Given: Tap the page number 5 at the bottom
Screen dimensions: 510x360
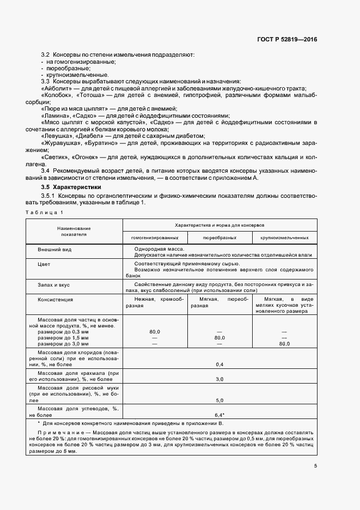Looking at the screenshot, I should coord(316,465).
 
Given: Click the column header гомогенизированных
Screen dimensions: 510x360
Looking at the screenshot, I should coord(155,238).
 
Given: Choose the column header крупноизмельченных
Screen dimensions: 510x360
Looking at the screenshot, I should coord(284,238).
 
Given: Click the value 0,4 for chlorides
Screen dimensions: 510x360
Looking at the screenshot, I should coord(220,364).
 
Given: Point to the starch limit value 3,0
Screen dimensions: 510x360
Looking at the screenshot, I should coord(220,379).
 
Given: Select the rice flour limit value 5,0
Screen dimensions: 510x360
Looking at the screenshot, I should coord(220,400).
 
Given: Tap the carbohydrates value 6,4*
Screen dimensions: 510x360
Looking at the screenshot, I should coord(220,415).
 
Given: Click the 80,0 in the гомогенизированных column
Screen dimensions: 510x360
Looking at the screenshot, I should coord(154,331).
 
